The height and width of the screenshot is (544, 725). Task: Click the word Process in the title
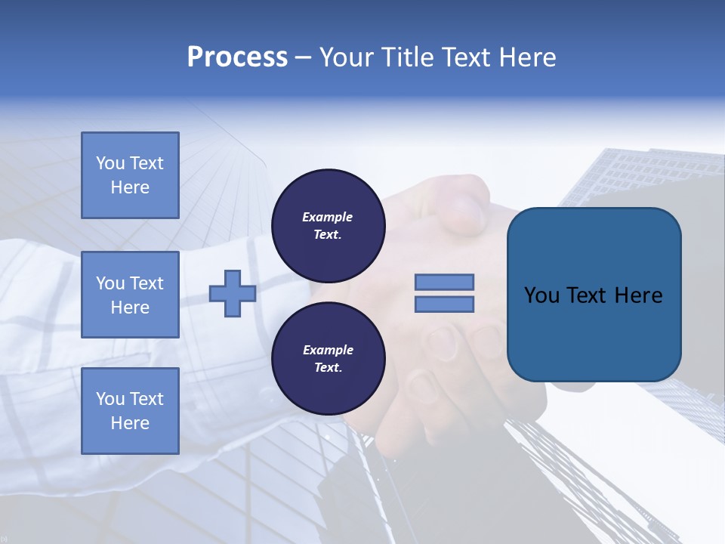pyautogui.click(x=237, y=57)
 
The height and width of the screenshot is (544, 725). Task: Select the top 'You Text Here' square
pyautogui.click(x=130, y=175)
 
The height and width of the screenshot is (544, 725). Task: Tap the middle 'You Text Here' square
pyautogui.click(x=130, y=295)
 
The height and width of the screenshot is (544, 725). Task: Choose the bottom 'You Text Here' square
pyautogui.click(x=130, y=411)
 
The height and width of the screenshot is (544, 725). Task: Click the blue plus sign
pyautogui.click(x=233, y=293)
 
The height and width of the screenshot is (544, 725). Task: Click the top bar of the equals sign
pyautogui.click(x=444, y=282)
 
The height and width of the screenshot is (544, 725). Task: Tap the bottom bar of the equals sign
pyautogui.click(x=444, y=304)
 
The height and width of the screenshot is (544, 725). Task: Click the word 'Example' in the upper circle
pyautogui.click(x=328, y=217)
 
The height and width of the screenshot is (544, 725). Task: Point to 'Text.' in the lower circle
pyautogui.click(x=328, y=368)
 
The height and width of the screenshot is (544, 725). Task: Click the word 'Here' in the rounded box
pyautogui.click(x=638, y=295)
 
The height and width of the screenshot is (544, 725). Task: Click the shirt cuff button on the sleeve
pyautogui.click(x=267, y=393)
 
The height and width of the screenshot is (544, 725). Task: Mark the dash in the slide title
pyautogui.click(x=303, y=58)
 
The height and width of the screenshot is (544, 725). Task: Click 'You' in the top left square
pyautogui.click(x=110, y=163)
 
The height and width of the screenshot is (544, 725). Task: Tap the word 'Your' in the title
pyautogui.click(x=347, y=57)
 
